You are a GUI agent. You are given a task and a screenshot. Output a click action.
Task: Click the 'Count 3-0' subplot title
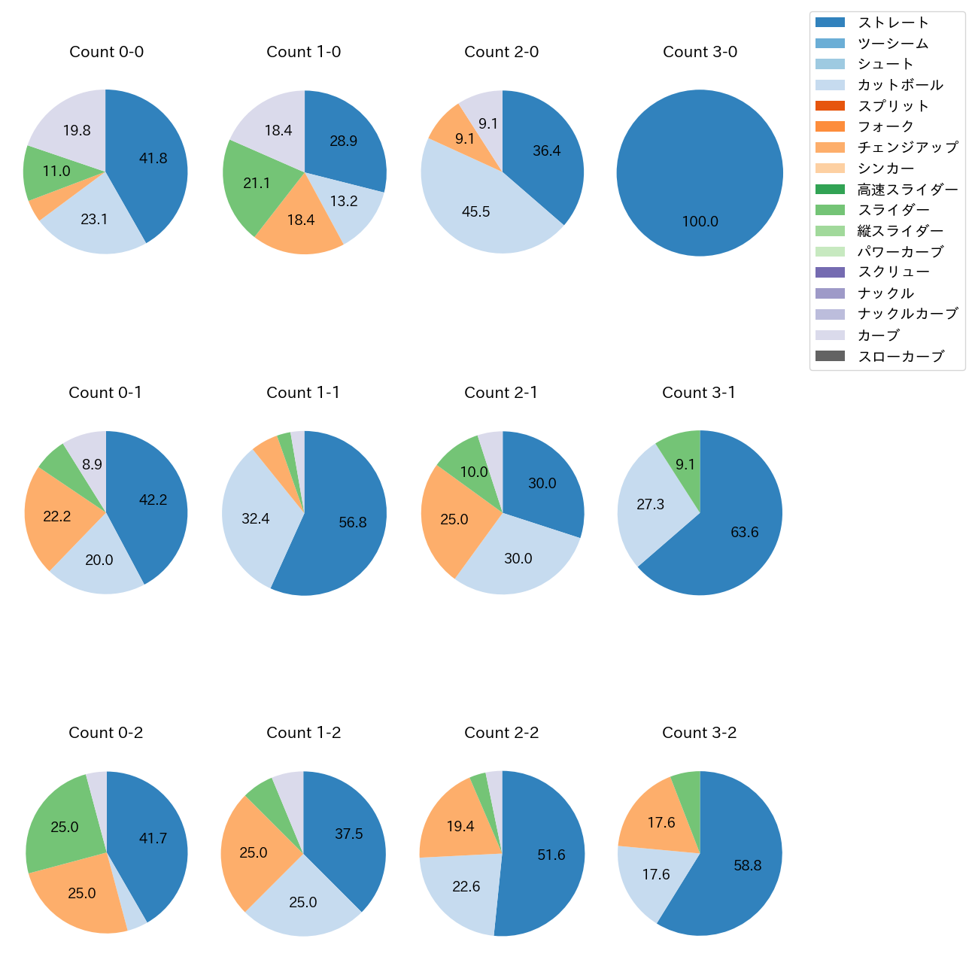tap(700, 52)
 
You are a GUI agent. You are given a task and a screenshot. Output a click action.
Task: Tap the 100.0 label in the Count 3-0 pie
tap(700, 222)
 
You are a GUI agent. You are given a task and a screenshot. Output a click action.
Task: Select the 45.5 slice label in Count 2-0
tap(475, 212)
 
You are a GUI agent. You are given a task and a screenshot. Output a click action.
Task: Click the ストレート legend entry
tap(893, 23)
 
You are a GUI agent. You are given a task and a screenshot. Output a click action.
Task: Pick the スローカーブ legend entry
tap(901, 357)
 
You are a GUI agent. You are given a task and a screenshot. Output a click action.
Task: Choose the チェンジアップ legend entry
tap(907, 147)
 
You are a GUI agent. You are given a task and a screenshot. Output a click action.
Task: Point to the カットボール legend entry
tap(900, 85)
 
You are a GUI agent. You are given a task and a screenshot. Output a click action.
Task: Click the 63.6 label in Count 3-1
tap(744, 533)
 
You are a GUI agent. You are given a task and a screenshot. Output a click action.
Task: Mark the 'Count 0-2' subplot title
tap(106, 733)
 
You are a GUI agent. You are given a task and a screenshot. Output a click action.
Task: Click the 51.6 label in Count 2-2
tap(551, 855)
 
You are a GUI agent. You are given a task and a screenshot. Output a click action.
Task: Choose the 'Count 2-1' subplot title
tap(501, 393)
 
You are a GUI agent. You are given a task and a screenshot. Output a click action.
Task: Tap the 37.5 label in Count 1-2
tap(349, 834)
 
